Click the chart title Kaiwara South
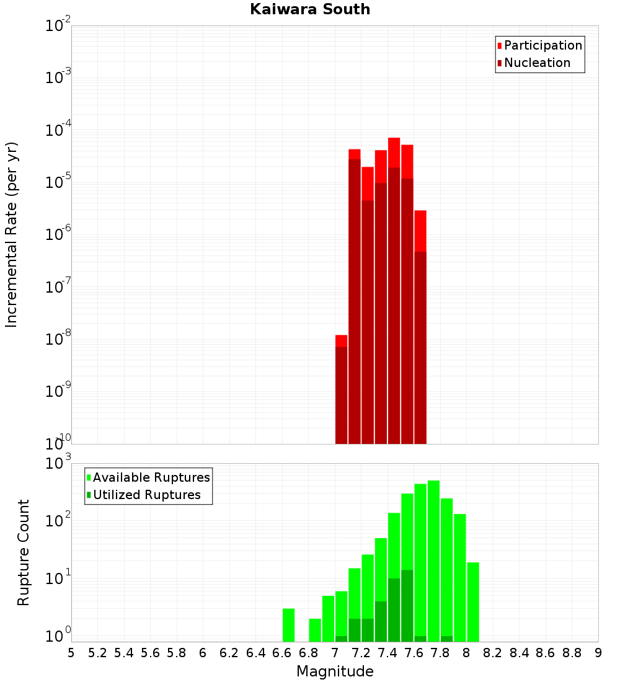click(310, 9)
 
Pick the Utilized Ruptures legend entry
click(146, 495)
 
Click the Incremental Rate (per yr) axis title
click(12, 234)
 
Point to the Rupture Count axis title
click(24, 552)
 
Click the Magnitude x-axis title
click(335, 671)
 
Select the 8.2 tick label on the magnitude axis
click(493, 652)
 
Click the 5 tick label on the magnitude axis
click(71, 652)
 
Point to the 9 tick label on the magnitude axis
click(598, 652)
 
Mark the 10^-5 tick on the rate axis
click(58, 182)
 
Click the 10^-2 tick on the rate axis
click(58, 26)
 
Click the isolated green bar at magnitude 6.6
click(288, 625)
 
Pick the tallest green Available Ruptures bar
click(433, 561)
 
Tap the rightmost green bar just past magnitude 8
click(473, 601)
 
